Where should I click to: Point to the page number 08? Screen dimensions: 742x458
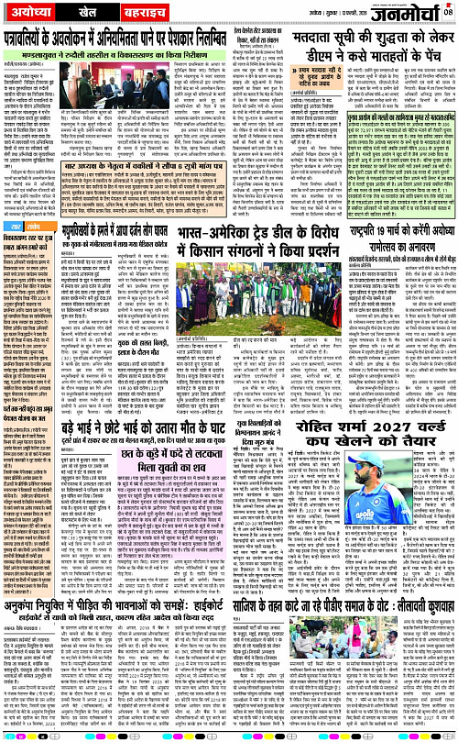tap(449, 11)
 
